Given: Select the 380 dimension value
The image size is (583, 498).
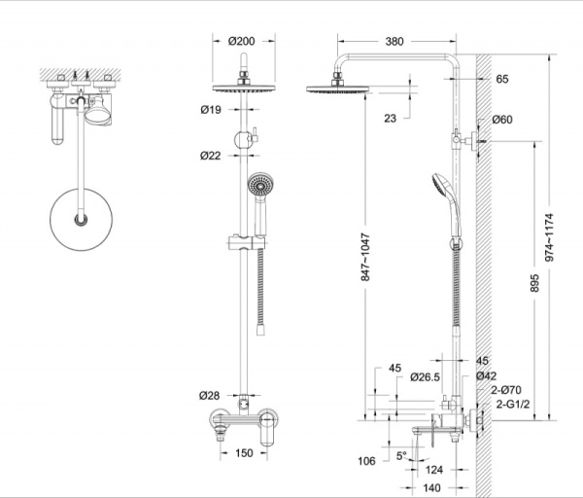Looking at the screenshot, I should (x=394, y=42).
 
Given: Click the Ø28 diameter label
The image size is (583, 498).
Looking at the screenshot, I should (x=212, y=395).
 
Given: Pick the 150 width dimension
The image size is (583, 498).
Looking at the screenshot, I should (x=244, y=453).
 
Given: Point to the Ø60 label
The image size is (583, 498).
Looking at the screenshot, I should (x=502, y=120).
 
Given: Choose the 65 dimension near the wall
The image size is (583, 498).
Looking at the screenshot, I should (x=501, y=79).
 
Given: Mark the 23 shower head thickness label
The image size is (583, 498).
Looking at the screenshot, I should (x=390, y=119).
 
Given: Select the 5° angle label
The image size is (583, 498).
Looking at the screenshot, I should (x=402, y=454).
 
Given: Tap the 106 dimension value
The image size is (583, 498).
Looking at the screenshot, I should (x=364, y=461).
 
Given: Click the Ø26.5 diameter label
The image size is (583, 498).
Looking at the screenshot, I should (x=425, y=376).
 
